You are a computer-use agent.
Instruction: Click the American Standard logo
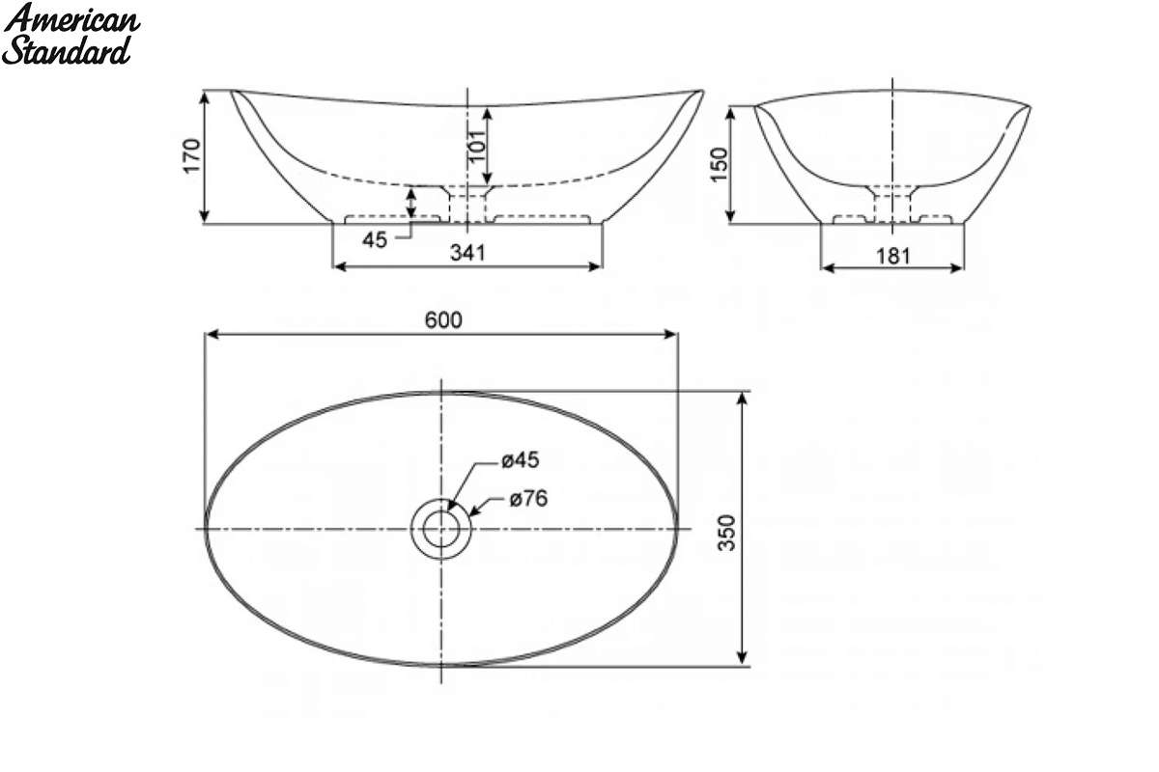pyautogui.click(x=71, y=34)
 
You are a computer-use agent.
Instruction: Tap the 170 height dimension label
pyautogui.click(x=191, y=155)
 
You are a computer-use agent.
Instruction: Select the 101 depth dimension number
pyautogui.click(x=477, y=146)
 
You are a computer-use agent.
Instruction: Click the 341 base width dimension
pyautogui.click(x=467, y=253)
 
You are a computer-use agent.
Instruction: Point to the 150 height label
pyautogui.click(x=719, y=164)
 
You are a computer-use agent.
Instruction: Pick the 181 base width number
pyautogui.click(x=893, y=256)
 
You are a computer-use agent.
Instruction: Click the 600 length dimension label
pyautogui.click(x=443, y=320)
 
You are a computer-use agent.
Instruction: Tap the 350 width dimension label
pyautogui.click(x=727, y=533)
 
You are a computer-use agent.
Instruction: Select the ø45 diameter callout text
pyautogui.click(x=521, y=459)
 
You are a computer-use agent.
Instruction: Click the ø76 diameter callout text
pyautogui.click(x=528, y=499)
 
